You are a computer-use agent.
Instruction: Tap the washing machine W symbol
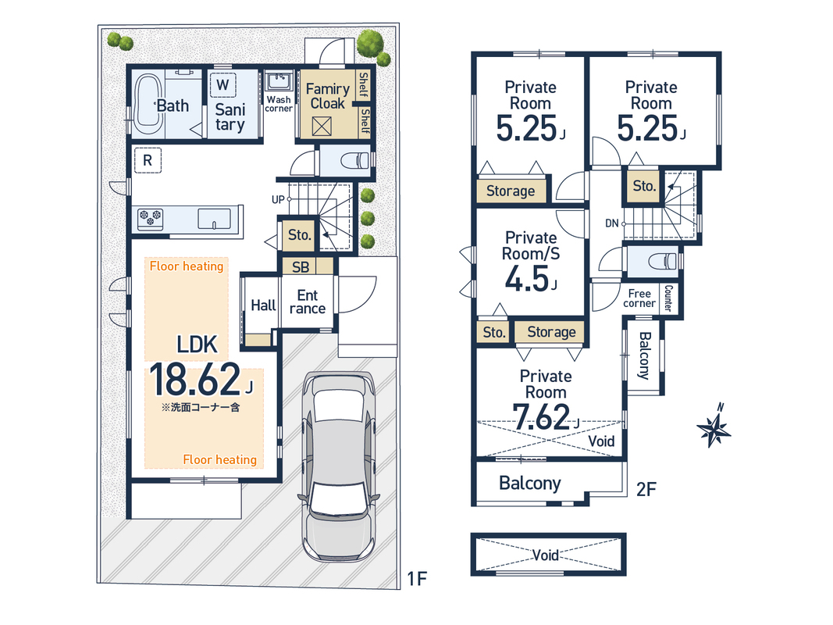(x=223, y=84)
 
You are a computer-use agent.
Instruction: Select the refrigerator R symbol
(x=148, y=160)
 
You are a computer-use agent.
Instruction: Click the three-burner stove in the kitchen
(x=150, y=219)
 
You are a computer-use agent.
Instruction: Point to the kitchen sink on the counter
(x=215, y=219)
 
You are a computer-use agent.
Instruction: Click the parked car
(x=338, y=466)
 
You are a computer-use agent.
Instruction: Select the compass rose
(x=714, y=427)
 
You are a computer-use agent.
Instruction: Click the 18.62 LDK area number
(x=195, y=380)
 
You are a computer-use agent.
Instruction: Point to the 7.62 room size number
(x=541, y=417)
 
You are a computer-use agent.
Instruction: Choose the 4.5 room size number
(x=527, y=278)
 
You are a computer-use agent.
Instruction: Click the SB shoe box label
(x=301, y=267)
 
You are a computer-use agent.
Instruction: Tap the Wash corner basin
(x=279, y=82)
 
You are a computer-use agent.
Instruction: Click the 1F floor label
(x=417, y=578)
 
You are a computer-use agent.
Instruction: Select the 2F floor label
(x=646, y=489)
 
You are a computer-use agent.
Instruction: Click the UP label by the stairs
(x=278, y=200)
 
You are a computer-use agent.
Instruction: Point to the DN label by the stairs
(x=612, y=223)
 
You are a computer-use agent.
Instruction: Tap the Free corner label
(x=639, y=298)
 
